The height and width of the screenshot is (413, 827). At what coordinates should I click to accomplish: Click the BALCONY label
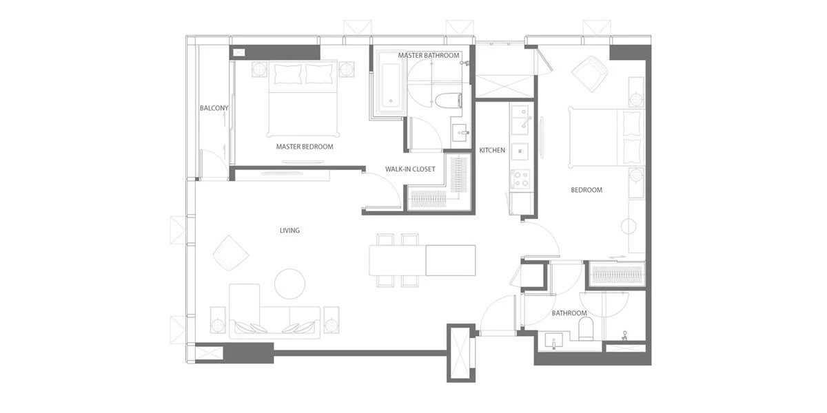click(214, 108)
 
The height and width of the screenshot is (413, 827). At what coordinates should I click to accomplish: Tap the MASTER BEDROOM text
click(305, 147)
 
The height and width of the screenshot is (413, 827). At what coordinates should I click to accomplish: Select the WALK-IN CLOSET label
click(410, 169)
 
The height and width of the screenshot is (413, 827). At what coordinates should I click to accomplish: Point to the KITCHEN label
click(492, 150)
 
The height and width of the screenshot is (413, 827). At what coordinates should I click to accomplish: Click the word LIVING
click(290, 231)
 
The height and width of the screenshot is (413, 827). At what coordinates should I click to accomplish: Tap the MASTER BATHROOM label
click(429, 55)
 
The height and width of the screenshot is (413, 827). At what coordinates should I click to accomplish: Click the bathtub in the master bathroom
click(391, 85)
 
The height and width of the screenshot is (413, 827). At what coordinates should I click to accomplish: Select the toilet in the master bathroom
click(448, 100)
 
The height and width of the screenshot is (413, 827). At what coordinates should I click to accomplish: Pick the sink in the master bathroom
click(460, 133)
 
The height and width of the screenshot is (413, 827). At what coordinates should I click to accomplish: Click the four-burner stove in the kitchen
click(520, 179)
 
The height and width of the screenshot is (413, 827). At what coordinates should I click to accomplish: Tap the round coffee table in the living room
click(290, 284)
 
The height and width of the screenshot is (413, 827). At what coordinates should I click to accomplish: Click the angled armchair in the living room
click(231, 253)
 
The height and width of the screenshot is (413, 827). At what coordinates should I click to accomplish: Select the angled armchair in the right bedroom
click(590, 74)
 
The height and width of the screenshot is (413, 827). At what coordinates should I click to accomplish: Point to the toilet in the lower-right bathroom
click(586, 329)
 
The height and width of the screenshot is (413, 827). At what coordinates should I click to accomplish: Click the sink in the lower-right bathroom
click(554, 341)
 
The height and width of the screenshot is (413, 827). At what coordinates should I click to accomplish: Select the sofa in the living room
click(274, 311)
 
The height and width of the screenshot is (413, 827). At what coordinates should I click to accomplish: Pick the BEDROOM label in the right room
click(586, 190)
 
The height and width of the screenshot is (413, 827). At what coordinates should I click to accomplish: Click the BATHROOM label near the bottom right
click(569, 313)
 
